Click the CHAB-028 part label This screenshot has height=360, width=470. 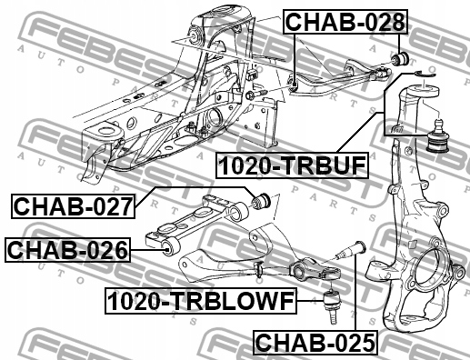[x=345, y=22]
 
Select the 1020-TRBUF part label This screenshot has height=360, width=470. [x=292, y=165]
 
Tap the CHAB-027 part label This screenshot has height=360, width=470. [x=73, y=206]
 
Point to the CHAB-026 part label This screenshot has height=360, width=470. [x=67, y=250]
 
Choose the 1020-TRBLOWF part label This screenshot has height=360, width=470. [x=201, y=301]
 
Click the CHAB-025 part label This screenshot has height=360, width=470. [x=315, y=343]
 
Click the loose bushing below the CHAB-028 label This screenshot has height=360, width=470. [x=400, y=58]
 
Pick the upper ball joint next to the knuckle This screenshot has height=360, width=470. [x=438, y=135]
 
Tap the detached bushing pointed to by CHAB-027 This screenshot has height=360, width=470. [x=261, y=200]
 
